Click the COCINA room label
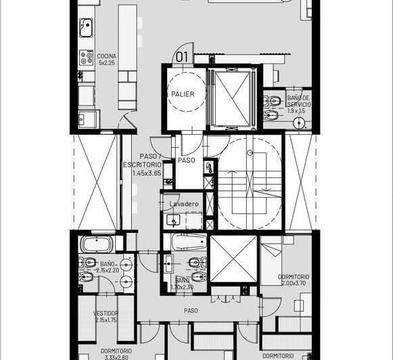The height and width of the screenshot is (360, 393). tap(106, 56)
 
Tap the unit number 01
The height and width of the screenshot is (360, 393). tap(181, 57)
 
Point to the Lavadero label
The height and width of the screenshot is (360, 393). tap(183, 204)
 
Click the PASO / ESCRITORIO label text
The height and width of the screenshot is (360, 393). tap(142, 160)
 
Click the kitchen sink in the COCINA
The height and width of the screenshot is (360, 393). tap(86, 28)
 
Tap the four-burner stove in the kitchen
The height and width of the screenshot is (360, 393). tap(87, 58)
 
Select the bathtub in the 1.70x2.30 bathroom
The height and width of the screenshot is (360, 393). tap(189, 242)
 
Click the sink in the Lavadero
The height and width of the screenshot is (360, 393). tap(174, 220)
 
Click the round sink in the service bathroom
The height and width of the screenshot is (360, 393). tap(300, 123)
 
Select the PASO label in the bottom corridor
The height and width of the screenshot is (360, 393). tap(191, 311)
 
